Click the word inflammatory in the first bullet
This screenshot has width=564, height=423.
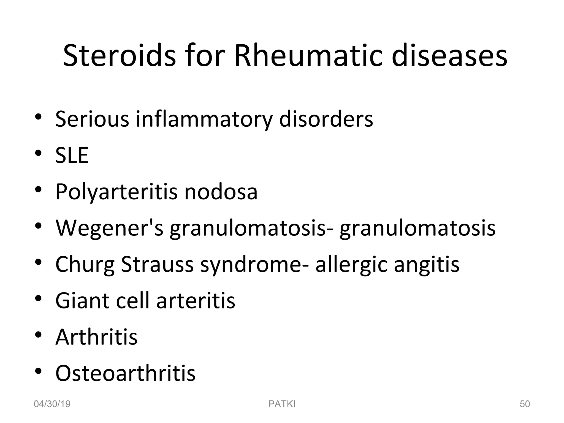(x=204, y=119)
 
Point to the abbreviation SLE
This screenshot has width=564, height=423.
(x=72, y=155)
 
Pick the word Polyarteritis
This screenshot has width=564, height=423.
(x=116, y=192)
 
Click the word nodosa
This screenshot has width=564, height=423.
(x=221, y=192)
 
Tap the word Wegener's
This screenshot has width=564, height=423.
(x=109, y=228)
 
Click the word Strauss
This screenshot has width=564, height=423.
(x=157, y=264)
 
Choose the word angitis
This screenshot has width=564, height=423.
(x=427, y=264)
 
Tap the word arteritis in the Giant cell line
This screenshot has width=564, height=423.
(x=196, y=300)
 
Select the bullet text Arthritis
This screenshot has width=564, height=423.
(x=96, y=337)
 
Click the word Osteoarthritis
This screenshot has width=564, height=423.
(x=125, y=373)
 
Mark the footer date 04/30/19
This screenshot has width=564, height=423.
(x=52, y=404)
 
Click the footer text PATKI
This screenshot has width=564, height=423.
(x=282, y=404)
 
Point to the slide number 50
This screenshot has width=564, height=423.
(x=525, y=404)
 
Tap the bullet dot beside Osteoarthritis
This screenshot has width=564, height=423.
(x=38, y=371)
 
